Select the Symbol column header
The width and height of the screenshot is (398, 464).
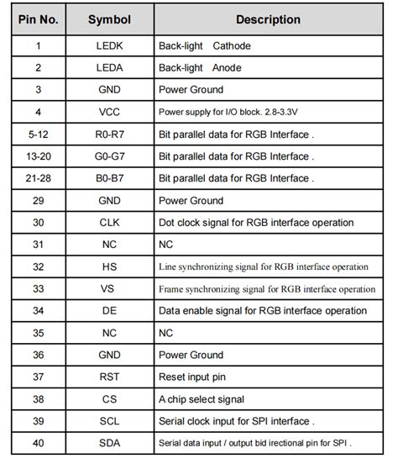[109, 19]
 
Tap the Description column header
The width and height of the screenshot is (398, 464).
[268, 19]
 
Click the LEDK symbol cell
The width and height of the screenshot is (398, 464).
[109, 45]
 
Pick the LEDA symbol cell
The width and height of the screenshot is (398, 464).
[109, 67]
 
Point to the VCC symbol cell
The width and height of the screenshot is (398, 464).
[109, 112]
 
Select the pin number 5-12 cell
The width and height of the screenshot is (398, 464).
[38, 134]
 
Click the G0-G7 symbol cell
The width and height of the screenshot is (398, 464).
[109, 156]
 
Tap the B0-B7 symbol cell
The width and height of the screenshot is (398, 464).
[109, 178]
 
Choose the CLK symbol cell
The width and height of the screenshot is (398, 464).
[109, 223]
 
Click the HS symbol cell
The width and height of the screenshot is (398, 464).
[109, 266]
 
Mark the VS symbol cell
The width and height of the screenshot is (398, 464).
[109, 288]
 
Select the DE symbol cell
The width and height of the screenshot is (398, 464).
[109, 311]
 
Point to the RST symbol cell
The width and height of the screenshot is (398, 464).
[109, 377]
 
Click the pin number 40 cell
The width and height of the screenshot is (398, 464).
[38, 443]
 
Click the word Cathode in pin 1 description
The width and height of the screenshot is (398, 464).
[232, 45]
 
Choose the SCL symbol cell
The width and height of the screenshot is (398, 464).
[109, 421]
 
